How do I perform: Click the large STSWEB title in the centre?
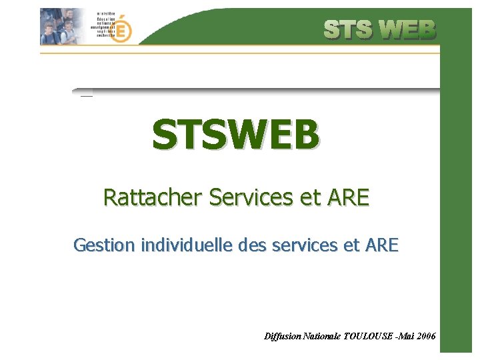click(x=235, y=135)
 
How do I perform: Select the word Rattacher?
click(x=153, y=197)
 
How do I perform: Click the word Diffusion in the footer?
click(x=283, y=337)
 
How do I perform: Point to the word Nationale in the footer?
click(x=323, y=337)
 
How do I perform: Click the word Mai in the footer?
click(x=406, y=337)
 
